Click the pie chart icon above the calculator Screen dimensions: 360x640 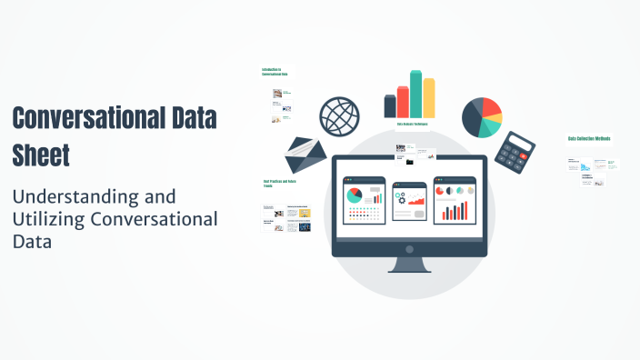pos(482,116)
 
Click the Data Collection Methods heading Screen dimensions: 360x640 pos(589,139)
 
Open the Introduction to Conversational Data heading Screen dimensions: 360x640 pos(273,72)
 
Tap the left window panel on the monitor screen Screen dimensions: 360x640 pos(364,199)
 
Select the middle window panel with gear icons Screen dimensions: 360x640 pos(409,201)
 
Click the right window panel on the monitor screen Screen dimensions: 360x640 pos(455,199)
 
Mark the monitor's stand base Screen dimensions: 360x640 pos(409,268)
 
